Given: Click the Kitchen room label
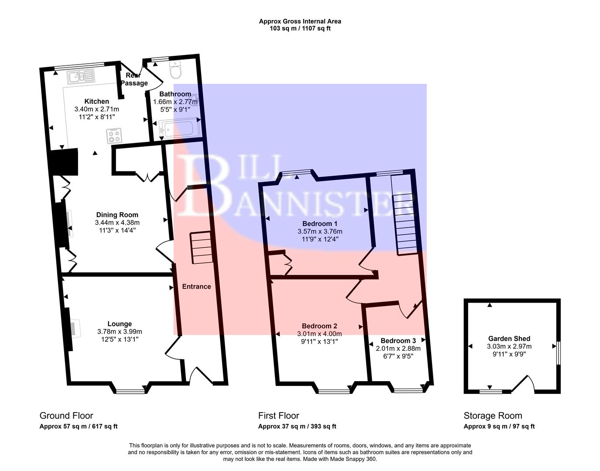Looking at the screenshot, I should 96,102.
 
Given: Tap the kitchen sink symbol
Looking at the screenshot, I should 80,77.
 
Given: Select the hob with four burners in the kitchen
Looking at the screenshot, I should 114,136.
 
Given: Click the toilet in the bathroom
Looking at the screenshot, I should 176,70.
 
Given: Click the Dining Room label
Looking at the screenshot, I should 117,215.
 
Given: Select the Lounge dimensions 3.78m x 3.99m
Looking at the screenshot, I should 120,331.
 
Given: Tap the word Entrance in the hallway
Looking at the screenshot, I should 196,287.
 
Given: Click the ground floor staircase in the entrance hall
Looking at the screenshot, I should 201,248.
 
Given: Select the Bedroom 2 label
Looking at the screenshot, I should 319,326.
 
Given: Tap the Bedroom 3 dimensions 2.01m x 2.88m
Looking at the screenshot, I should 398,348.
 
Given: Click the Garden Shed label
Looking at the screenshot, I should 509,338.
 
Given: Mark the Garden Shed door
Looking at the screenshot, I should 523,384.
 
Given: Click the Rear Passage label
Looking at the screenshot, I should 134,79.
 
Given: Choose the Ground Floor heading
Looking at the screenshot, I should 66,416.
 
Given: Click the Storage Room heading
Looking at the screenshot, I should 493,416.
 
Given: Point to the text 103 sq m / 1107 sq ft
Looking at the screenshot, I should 300,28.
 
